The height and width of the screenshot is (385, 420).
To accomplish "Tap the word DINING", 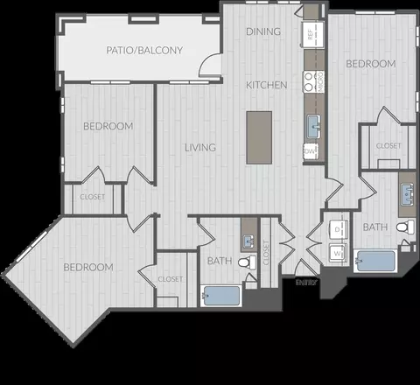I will (x=263, y=32).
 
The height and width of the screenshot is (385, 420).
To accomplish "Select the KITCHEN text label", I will (x=266, y=85).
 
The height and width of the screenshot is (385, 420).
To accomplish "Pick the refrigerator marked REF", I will (x=309, y=33).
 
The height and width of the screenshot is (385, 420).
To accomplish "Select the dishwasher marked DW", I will (x=309, y=151).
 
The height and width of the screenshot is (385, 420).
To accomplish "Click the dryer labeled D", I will (x=338, y=230).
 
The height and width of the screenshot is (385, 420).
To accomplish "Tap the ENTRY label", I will (x=304, y=283).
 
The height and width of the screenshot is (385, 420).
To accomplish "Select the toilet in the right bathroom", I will (x=403, y=227).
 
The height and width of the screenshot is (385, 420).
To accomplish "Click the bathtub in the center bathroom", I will (x=220, y=295).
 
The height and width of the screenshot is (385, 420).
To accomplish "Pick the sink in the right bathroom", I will (x=407, y=192).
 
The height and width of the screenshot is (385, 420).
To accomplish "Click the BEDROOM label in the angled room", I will (x=89, y=267).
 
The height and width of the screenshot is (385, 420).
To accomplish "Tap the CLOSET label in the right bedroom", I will (x=388, y=146).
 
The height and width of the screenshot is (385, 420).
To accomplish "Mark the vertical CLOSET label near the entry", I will (x=266, y=253).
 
